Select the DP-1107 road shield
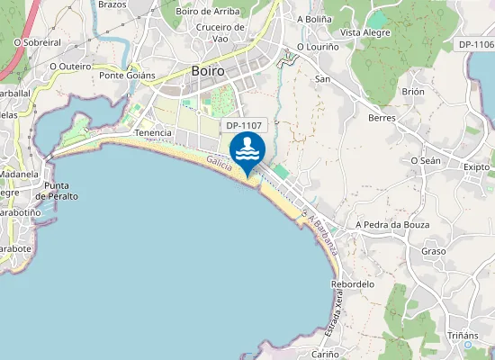pos(244,127)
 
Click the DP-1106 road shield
pos(475,44)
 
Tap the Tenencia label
pos(152,133)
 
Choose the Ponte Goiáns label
pos(127,76)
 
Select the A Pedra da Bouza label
pos(391,224)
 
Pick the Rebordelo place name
pos(352,283)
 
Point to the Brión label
pos(413,92)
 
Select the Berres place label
pos(382,118)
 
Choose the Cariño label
pos(325,355)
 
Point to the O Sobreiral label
pos(36,41)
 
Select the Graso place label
pos(434,251)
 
